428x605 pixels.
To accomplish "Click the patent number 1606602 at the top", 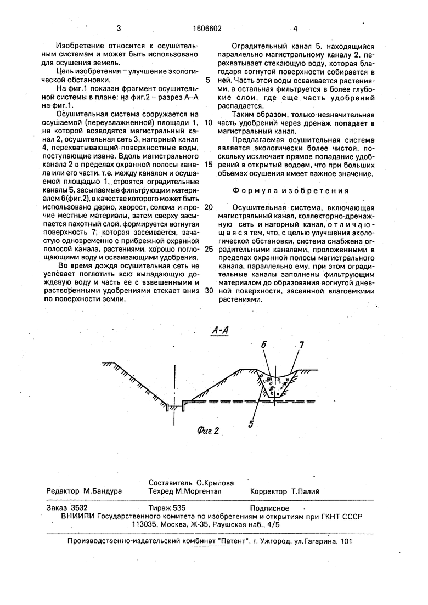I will [207, 29].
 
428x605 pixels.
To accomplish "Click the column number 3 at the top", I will [119, 29].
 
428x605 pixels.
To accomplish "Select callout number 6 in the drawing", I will [263, 345].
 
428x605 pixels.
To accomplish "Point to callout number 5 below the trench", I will [250, 423].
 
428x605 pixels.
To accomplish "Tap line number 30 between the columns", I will [208, 290].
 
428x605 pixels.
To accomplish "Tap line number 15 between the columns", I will [208, 165].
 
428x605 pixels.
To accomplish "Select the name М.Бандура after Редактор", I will [103, 491].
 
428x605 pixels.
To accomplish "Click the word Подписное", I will [269, 508].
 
